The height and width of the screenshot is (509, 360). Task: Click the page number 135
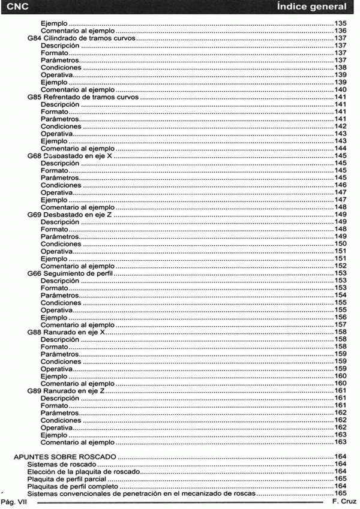[341, 22]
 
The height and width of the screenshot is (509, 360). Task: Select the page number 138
[341, 67]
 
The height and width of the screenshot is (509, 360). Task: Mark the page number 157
[341, 324]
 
